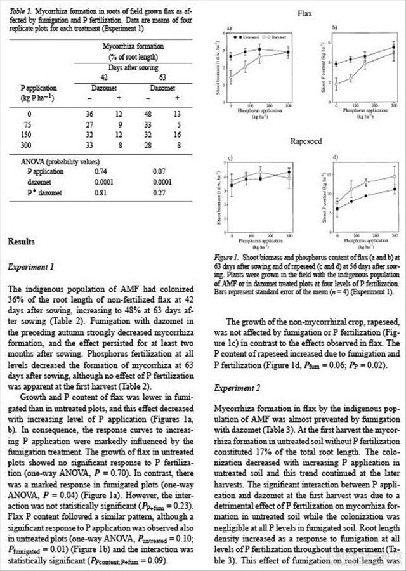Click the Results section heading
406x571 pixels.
(x=22, y=242)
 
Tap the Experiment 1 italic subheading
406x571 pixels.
(x=31, y=266)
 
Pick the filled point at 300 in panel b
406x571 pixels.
(x=393, y=48)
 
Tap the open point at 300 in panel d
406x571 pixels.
(x=394, y=177)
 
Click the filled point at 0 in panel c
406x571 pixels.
(x=231, y=185)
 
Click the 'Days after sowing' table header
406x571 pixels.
(x=133, y=67)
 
